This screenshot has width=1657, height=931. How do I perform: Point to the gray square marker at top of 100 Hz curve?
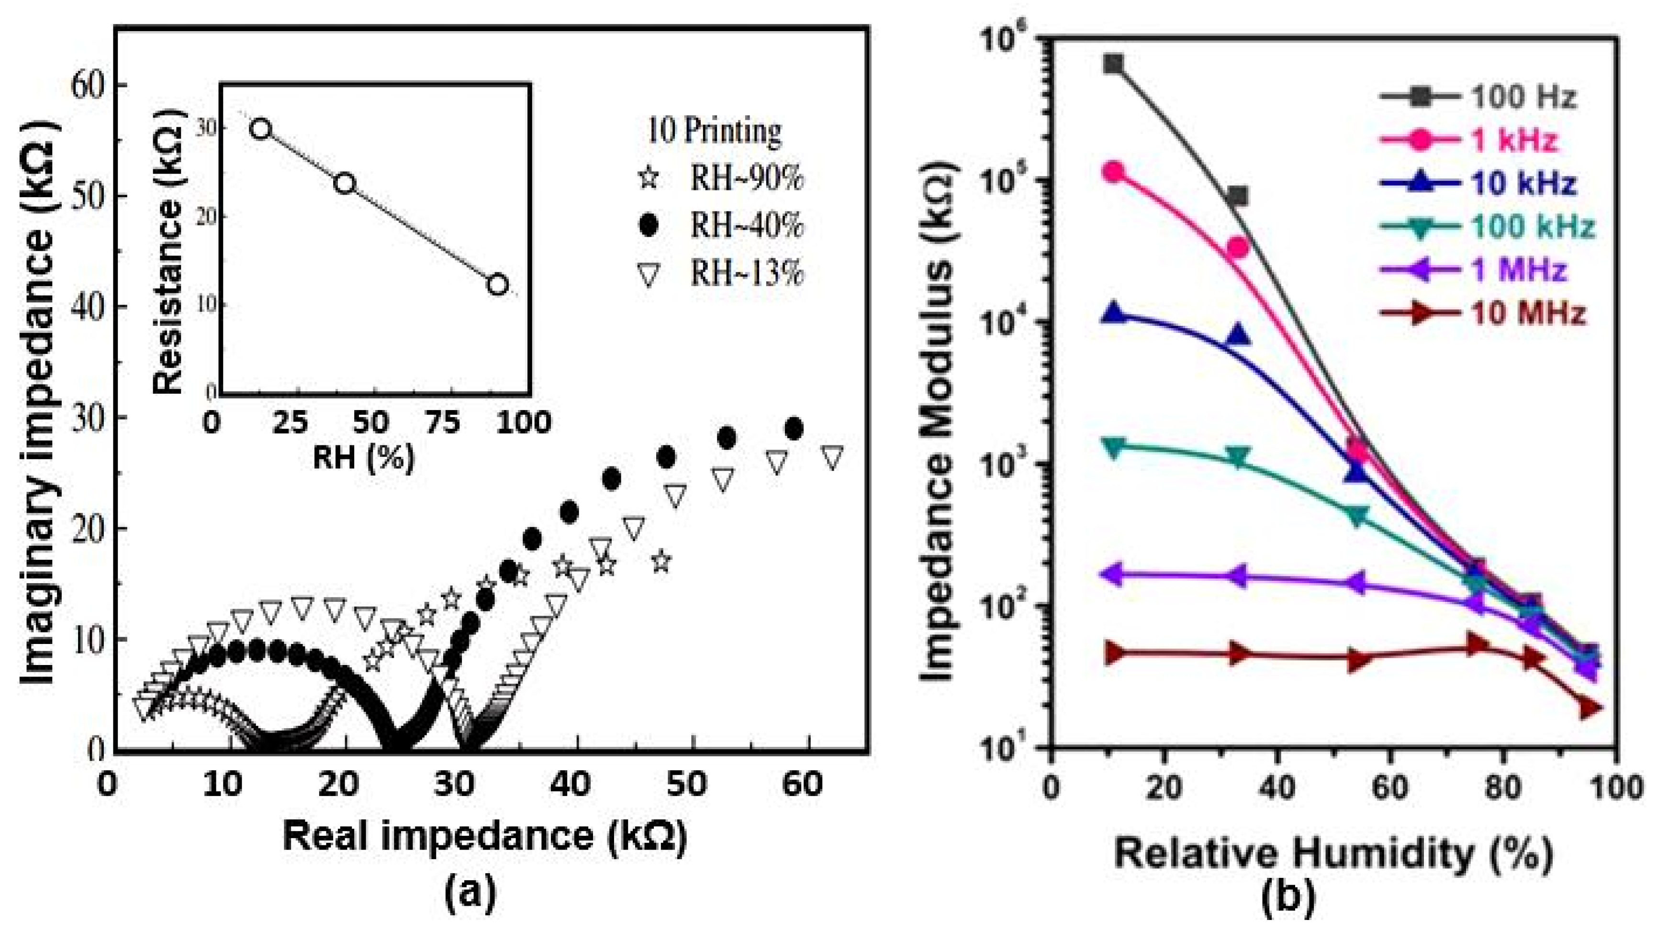pos(1113,63)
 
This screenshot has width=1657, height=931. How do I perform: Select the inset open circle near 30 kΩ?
pos(260,129)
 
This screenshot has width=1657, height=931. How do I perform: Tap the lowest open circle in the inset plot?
pos(497,284)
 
